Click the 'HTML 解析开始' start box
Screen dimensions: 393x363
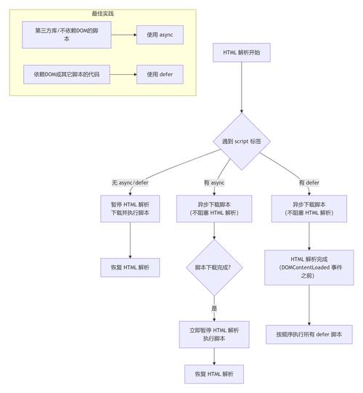241,52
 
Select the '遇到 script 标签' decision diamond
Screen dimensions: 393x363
241,141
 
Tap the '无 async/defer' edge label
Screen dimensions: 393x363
130,182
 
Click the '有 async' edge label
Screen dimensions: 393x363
213,182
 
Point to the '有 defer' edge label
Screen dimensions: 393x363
309,182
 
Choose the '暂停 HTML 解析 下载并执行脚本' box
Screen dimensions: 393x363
130,208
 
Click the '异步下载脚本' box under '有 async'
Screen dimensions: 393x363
213,208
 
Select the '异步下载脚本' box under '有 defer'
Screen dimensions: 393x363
309,208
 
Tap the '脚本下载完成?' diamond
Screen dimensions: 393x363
213,267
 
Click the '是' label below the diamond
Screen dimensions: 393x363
213,308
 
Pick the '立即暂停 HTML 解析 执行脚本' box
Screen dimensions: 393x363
213,334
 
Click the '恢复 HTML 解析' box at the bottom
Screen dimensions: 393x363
213,373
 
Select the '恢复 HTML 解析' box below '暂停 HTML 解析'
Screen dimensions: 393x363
130,267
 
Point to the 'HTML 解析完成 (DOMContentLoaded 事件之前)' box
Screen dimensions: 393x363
309,267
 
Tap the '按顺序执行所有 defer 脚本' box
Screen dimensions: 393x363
309,334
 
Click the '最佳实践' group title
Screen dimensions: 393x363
102,14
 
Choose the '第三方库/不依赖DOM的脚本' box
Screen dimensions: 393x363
67,34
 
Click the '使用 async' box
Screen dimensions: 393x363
160,34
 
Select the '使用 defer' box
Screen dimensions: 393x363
160,74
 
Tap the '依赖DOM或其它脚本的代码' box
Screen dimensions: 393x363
67,74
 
